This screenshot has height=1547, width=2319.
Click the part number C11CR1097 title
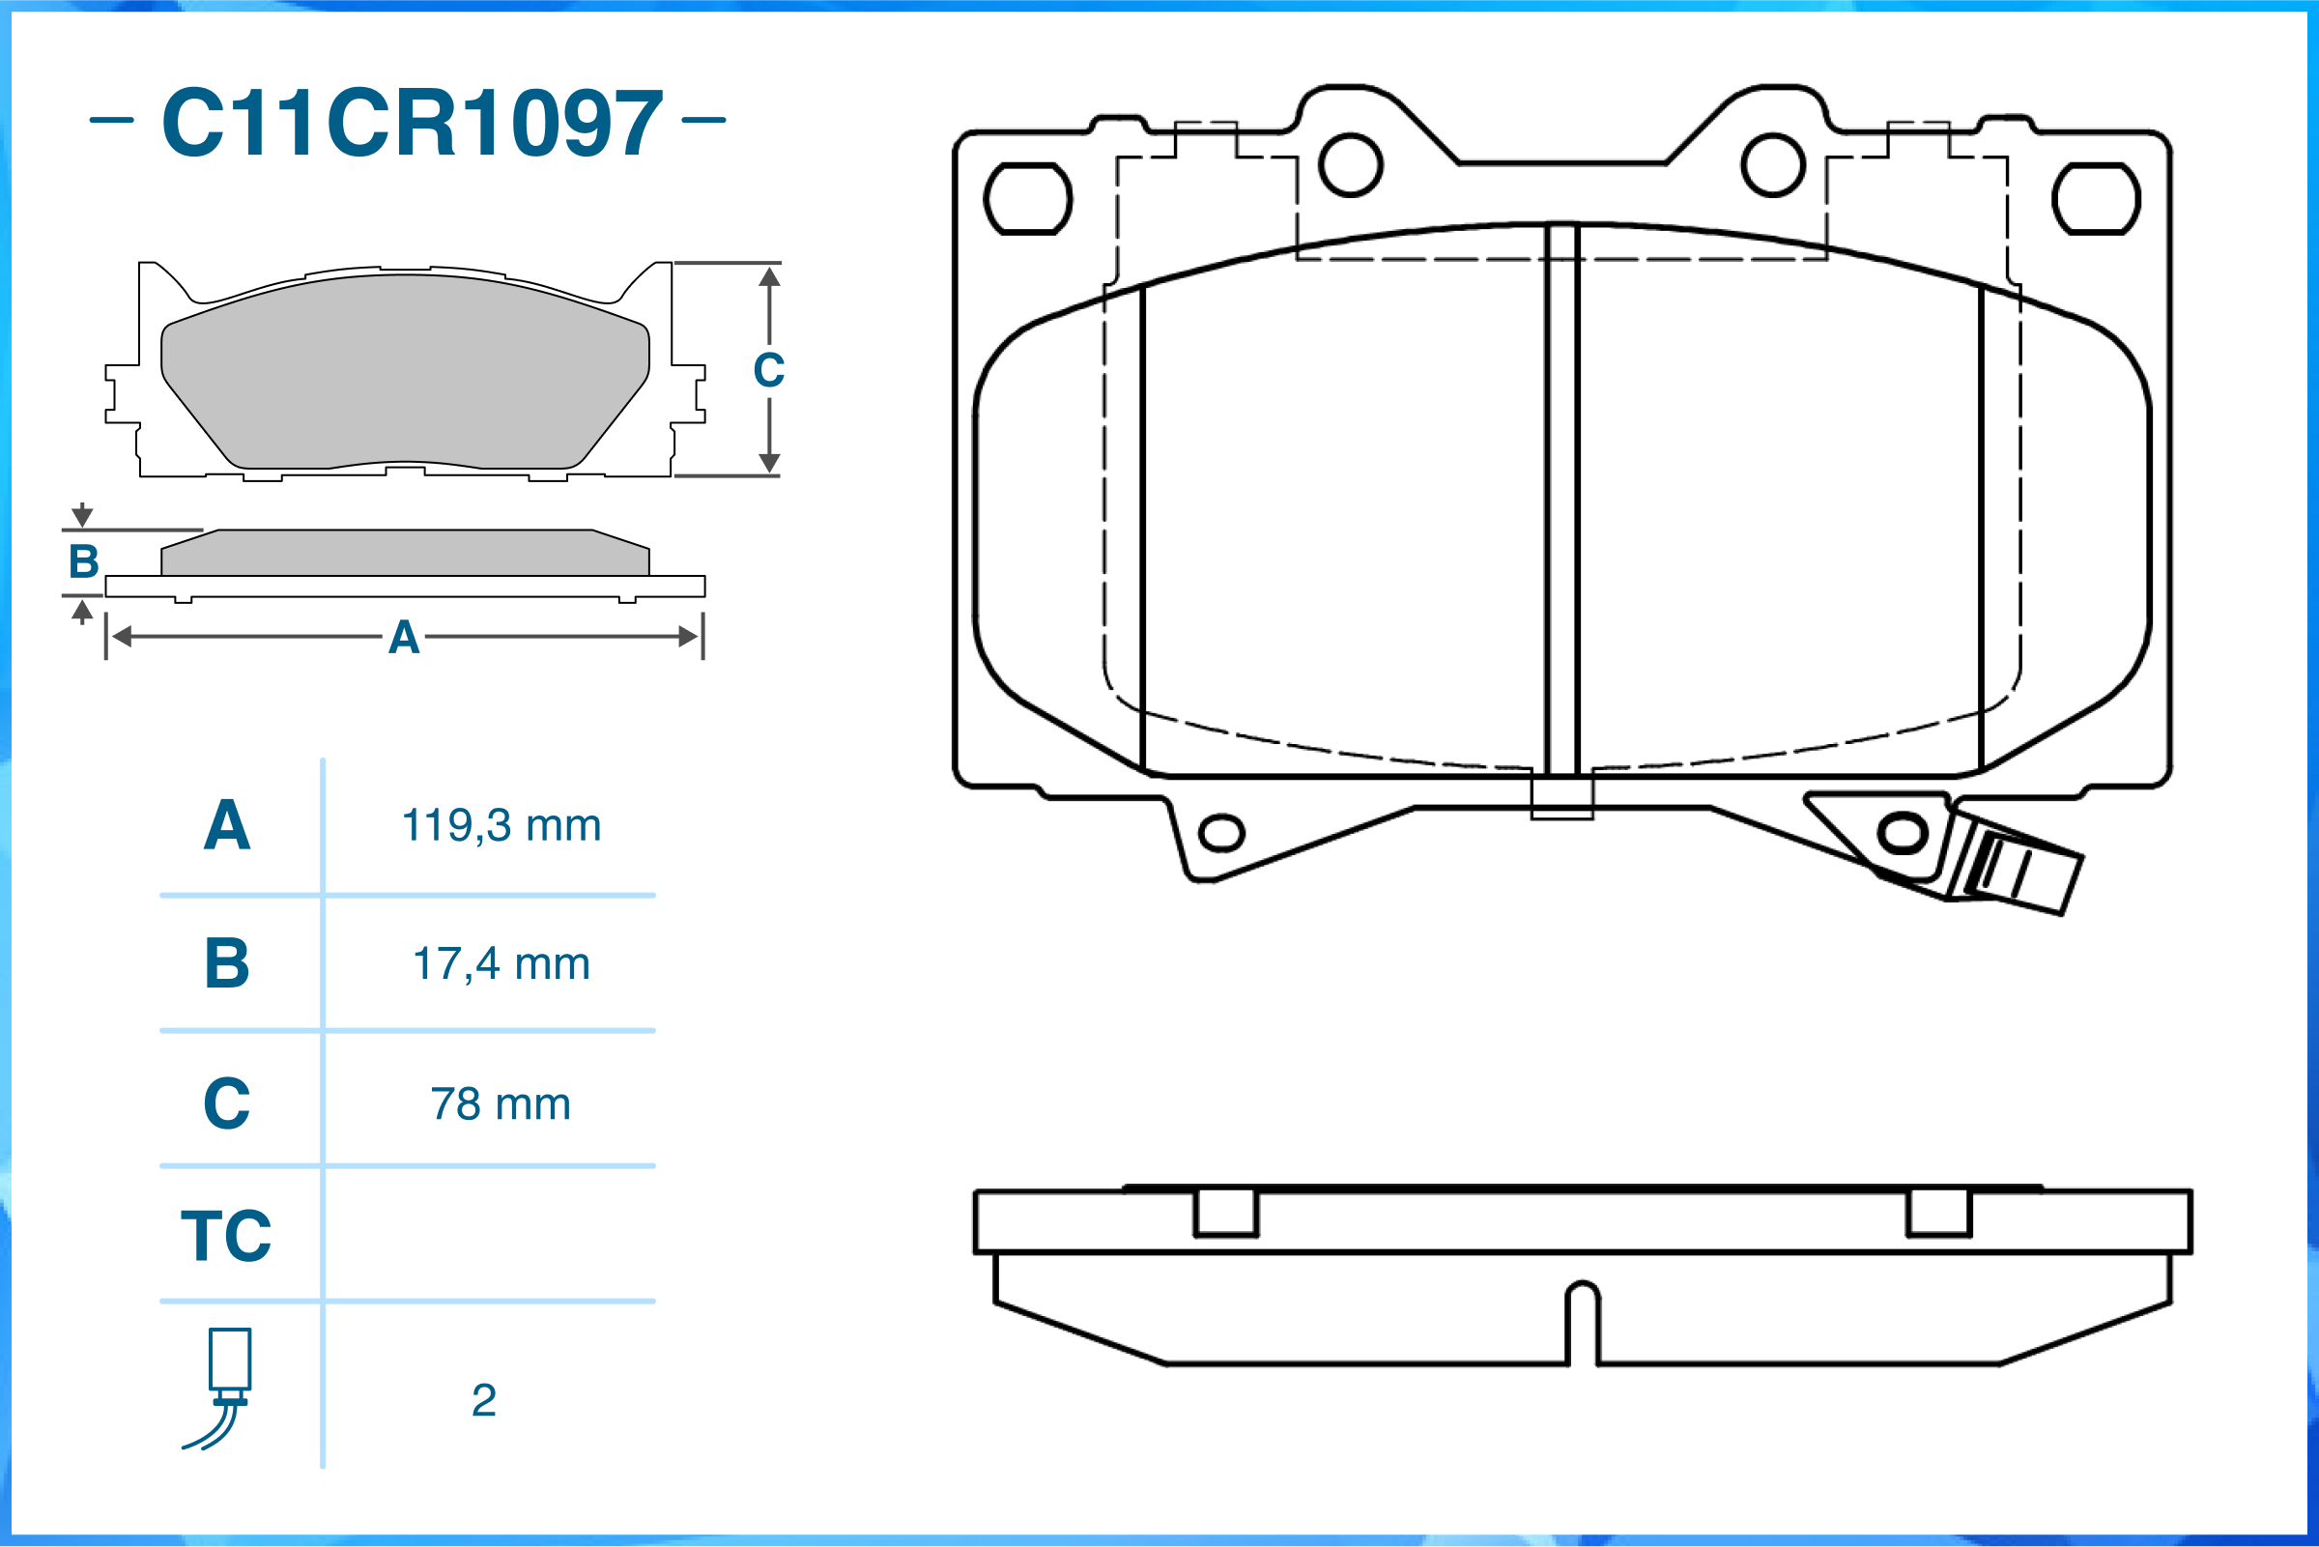click(x=413, y=123)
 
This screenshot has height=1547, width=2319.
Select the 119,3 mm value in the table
click(x=501, y=825)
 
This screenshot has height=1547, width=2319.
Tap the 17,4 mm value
click(x=501, y=963)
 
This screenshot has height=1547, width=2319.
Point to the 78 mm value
click(x=501, y=1103)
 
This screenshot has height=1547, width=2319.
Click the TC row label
click(x=226, y=1235)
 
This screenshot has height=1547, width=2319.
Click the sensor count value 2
click(x=483, y=1400)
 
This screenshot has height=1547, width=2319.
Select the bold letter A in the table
click(x=227, y=825)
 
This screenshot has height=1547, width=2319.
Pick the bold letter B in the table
click(x=227, y=963)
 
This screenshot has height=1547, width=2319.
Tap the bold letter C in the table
click(x=227, y=1103)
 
